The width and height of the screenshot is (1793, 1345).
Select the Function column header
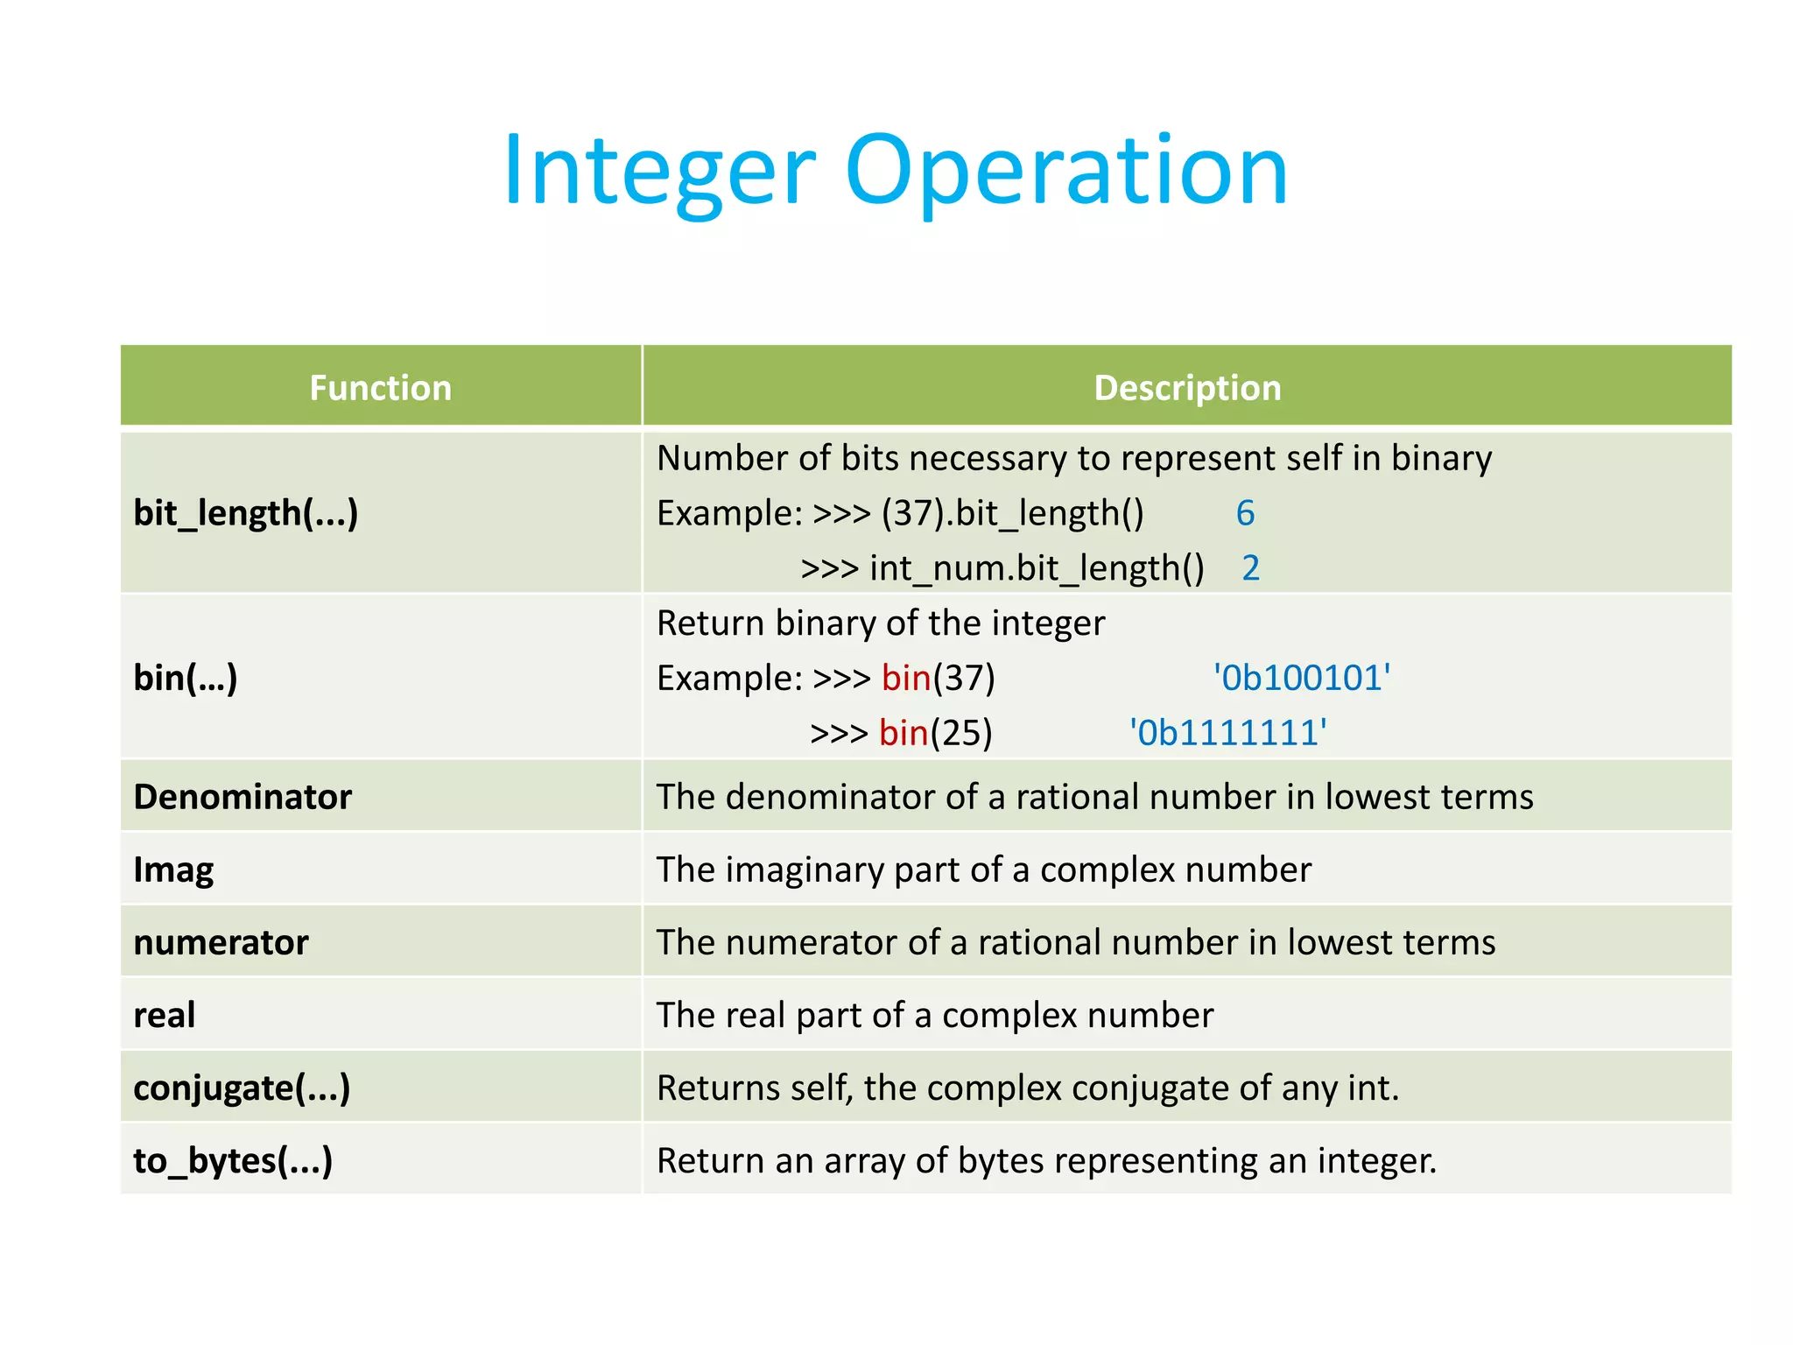pyautogui.click(x=380, y=388)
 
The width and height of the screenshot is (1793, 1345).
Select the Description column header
pyautogui.click(x=1187, y=388)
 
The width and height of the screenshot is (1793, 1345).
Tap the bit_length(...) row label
pyautogui.click(x=246, y=513)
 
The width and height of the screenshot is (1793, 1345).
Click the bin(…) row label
pyautogui.click(x=186, y=678)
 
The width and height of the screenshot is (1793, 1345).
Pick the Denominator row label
pyautogui.click(x=243, y=797)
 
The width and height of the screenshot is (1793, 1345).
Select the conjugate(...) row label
pyautogui.click(x=242, y=1088)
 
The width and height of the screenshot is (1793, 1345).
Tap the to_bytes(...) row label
pyautogui.click(x=233, y=1161)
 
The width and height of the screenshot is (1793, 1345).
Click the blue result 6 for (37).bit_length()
pyautogui.click(x=1245, y=513)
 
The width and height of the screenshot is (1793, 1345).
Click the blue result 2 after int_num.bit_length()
pyautogui.click(x=1250, y=568)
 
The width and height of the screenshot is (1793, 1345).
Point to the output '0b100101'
pyautogui.click(x=1302, y=678)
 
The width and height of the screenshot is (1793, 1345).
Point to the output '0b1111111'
pyautogui.click(x=1227, y=733)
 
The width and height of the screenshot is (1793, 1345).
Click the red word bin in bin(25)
pyautogui.click(x=904, y=733)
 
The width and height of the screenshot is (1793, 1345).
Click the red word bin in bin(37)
pyautogui.click(x=906, y=678)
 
